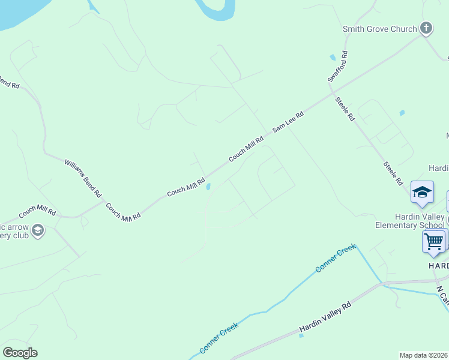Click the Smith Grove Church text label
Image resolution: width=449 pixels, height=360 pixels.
379,29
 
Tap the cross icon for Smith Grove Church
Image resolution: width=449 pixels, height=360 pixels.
426,28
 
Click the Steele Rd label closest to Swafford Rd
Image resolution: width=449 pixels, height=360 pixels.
345,109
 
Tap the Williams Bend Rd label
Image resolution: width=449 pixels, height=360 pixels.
83,178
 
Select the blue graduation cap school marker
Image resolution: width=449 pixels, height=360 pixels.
422,192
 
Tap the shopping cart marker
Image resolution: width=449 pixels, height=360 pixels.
433,241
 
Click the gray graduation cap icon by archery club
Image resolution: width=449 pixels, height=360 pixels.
38,230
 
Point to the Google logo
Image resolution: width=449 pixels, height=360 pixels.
20,353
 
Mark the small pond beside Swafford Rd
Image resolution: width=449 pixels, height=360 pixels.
333,58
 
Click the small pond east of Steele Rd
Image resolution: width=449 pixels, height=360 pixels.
402,112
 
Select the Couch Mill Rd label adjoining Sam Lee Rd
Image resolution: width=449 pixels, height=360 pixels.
246,149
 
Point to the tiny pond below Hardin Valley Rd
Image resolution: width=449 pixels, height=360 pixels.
301,335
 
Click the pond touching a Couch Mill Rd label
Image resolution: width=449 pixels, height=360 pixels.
208,187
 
